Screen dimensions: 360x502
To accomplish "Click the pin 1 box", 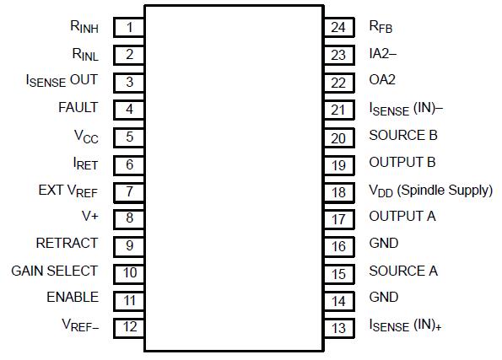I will tap(130, 27).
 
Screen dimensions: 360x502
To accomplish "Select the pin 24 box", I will tap(338, 27).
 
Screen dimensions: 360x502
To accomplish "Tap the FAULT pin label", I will tap(78, 108).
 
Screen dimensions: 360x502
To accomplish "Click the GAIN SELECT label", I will tap(54, 271).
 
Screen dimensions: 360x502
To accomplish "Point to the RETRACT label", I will tap(67, 244).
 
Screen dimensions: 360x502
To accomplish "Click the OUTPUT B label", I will tap(402, 162).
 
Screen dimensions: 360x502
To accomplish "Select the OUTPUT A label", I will tap(402, 217).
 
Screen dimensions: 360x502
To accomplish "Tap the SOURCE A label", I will tap(402, 271).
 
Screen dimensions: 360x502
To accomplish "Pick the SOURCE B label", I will tap(402, 135).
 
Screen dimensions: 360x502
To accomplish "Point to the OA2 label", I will tap(382, 81).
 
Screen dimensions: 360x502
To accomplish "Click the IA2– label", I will tap(382, 54).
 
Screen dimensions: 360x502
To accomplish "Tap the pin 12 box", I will tap(130, 325).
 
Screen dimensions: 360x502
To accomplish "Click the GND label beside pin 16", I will tap(384, 244).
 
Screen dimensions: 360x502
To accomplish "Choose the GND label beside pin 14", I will tap(384, 298).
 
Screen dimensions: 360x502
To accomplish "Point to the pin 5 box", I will tap(130, 136).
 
